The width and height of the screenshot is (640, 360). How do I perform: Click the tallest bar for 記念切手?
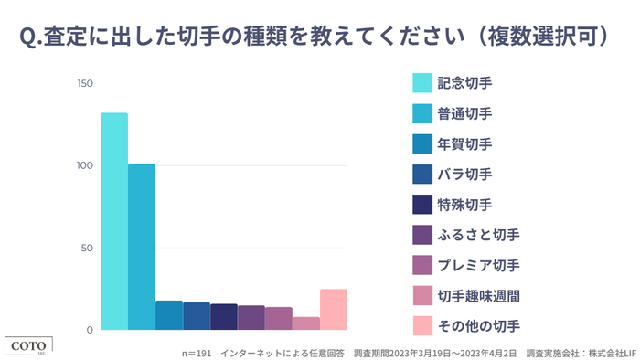point(114,221)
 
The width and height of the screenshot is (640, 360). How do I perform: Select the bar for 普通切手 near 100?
point(142,247)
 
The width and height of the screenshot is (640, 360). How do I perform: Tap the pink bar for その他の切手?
point(334,309)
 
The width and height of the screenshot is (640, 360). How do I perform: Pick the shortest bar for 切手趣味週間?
point(306,323)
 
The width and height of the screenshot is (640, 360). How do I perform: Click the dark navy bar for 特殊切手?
point(224,316)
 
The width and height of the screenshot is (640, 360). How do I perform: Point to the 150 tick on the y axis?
point(85,84)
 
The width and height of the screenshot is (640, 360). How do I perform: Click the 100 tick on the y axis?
point(85,166)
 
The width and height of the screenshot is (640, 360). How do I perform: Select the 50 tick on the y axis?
point(87,249)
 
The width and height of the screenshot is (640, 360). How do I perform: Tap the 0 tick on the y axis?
point(90,330)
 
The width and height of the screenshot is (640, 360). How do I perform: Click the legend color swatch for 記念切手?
point(422,83)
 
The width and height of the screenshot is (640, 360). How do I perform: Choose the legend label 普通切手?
point(464,113)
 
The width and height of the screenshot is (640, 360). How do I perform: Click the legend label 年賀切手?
point(464,144)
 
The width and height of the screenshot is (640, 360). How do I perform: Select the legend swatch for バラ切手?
point(422,175)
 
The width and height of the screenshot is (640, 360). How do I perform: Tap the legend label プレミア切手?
point(478,266)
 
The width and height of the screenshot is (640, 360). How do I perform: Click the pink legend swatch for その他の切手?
point(422,326)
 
